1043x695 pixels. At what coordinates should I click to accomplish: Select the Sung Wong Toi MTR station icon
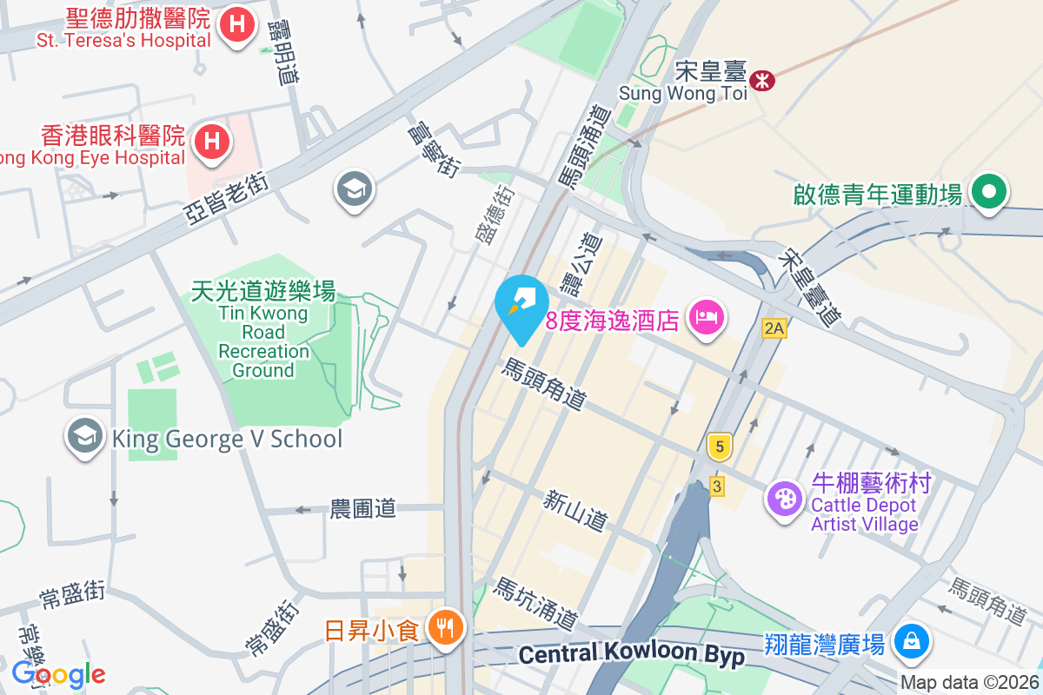[763, 80]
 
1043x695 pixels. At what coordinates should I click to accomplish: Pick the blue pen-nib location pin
[521, 302]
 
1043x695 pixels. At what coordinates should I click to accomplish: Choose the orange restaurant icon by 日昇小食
[447, 627]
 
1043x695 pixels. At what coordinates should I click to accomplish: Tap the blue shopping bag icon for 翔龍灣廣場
[910, 643]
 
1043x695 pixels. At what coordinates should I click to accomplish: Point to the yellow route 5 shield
[719, 447]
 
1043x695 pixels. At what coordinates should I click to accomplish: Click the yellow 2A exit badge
[774, 328]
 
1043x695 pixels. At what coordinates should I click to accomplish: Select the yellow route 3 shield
[716, 486]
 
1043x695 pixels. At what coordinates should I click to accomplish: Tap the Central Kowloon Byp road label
[632, 654]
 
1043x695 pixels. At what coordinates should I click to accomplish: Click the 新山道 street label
[575, 511]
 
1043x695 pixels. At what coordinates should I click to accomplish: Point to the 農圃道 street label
[363, 508]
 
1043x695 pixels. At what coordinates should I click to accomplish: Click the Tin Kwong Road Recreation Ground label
[263, 330]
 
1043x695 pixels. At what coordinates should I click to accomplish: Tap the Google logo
[58, 674]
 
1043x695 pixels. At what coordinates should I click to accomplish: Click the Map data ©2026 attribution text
[969, 682]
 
